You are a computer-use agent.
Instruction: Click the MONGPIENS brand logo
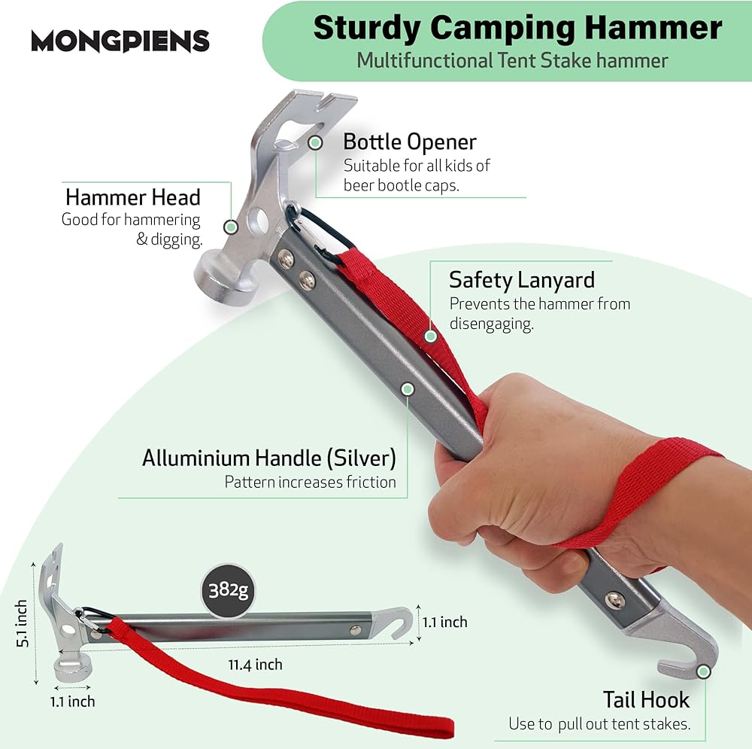(x=120, y=40)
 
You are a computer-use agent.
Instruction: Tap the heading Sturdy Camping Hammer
(x=517, y=28)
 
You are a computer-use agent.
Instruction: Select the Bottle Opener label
(x=410, y=142)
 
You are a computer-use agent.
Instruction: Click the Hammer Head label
(x=133, y=197)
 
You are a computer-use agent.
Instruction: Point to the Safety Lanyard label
(x=522, y=280)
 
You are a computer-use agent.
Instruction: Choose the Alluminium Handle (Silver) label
(x=269, y=458)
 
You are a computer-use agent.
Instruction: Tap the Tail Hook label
(x=646, y=699)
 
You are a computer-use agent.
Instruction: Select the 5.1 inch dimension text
(x=23, y=624)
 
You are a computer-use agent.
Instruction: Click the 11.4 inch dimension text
(x=256, y=664)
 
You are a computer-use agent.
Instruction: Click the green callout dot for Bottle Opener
(x=316, y=142)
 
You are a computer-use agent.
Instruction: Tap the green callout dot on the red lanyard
(x=430, y=336)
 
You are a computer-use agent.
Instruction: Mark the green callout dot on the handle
(x=408, y=389)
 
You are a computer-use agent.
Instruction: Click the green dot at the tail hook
(x=704, y=671)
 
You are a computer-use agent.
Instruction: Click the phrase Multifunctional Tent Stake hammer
(x=512, y=59)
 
